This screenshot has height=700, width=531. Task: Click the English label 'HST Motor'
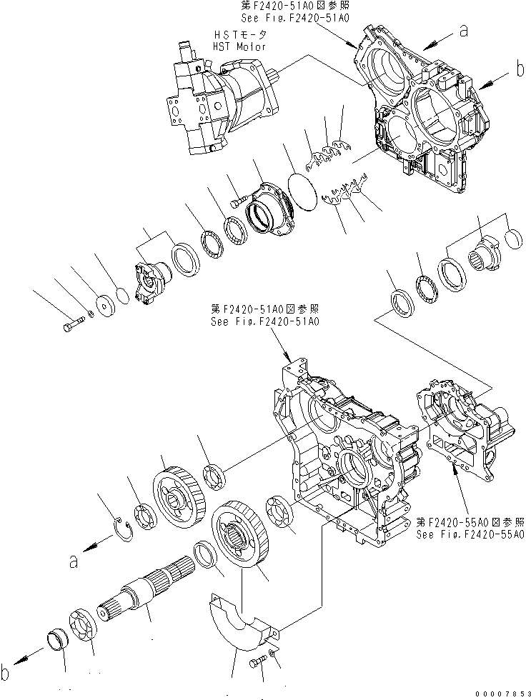(239, 46)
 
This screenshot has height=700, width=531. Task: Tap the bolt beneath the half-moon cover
(257, 664)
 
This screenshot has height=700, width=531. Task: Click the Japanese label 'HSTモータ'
(239, 34)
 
